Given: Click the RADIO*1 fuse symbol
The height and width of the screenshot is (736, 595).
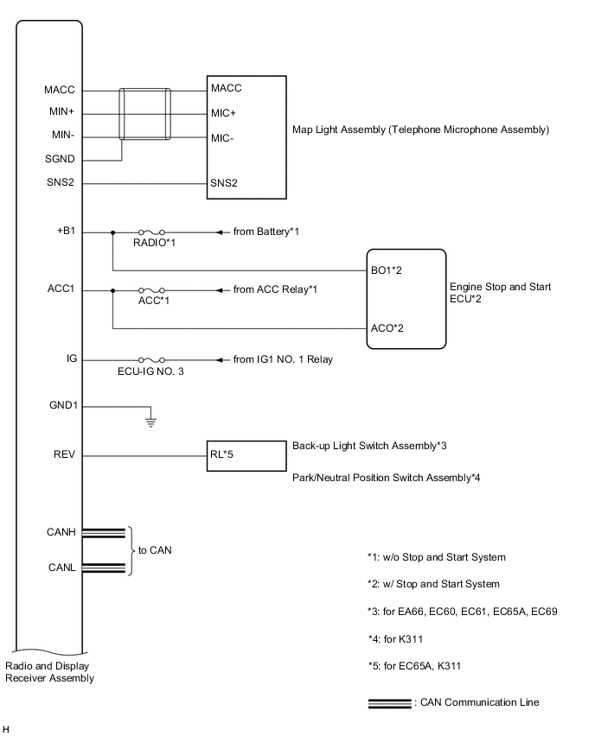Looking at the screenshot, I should pos(152,232).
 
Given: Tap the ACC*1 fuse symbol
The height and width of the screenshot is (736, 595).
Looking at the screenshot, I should pos(152,289).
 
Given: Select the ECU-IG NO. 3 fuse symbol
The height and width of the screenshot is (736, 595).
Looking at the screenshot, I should pos(152,359).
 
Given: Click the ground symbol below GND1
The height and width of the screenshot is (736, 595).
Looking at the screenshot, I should pos(150,422).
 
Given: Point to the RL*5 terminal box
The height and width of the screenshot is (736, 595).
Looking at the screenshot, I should pos(246,454).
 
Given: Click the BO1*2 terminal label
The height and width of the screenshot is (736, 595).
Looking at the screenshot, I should pos(387,270).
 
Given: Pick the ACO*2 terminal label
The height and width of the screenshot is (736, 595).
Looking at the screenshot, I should pos(387,328).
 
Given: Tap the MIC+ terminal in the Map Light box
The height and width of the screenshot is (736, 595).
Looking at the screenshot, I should pos(223,112).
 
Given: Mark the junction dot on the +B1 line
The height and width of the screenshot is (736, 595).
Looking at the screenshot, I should pos(112,232).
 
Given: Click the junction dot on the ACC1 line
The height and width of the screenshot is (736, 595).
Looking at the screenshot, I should pos(112,289).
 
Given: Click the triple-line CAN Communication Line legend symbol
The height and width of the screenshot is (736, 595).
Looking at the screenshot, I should pos(390,702).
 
